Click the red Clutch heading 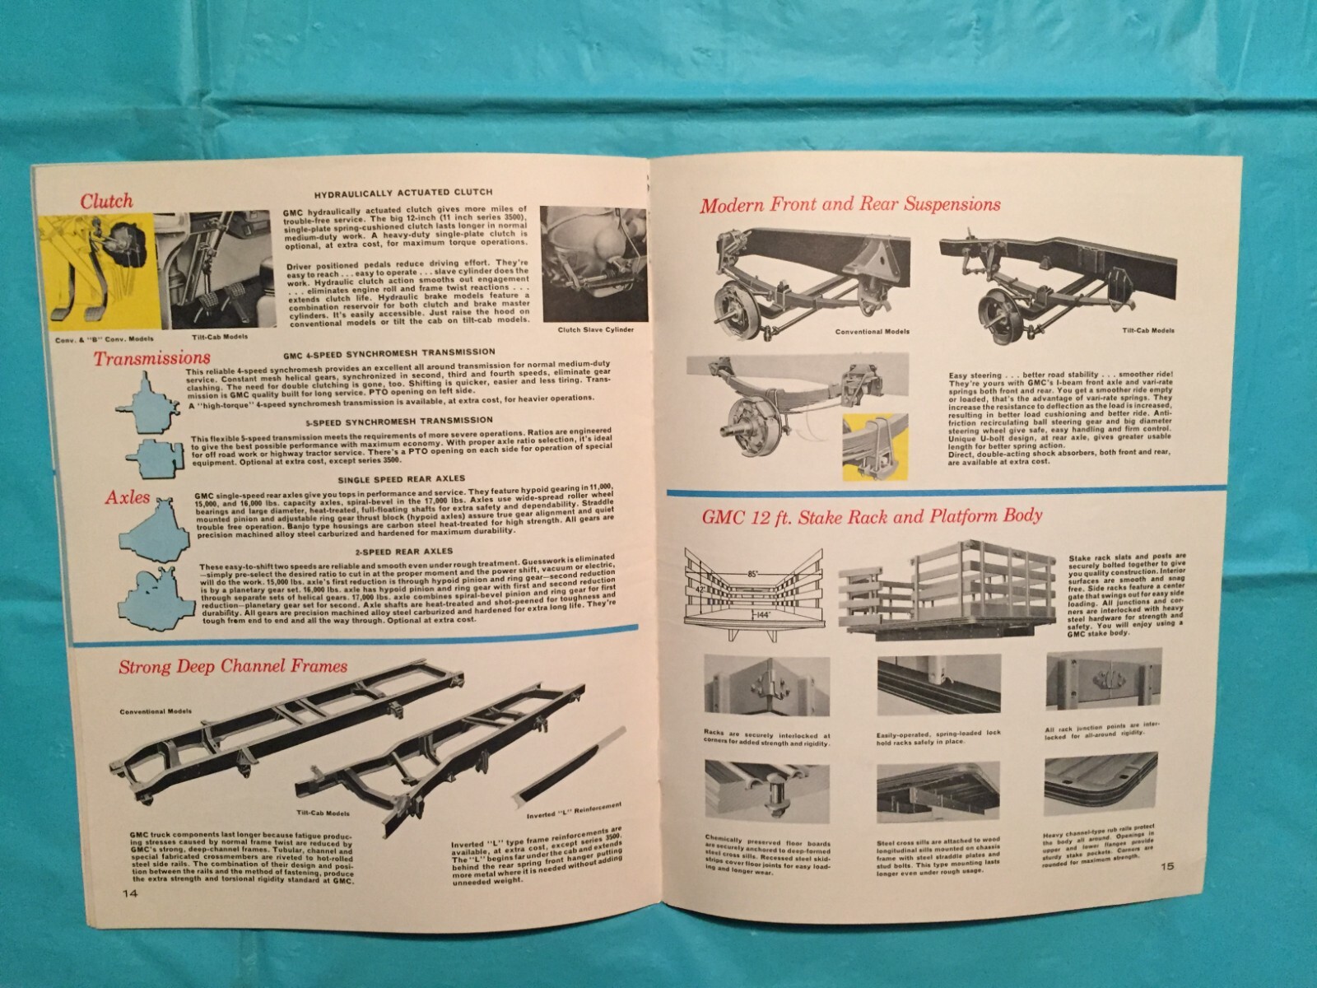(105, 200)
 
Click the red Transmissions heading (151, 358)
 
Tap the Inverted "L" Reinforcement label (573, 810)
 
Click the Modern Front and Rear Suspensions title (849, 203)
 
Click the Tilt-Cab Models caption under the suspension (1148, 330)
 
